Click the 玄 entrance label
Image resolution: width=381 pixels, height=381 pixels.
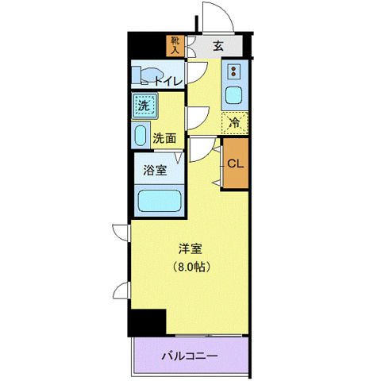click(x=217, y=45)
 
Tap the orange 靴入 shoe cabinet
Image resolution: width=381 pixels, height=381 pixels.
click(x=175, y=45)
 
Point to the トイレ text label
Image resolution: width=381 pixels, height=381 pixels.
click(x=167, y=80)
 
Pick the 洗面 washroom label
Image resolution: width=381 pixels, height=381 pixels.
click(x=164, y=137)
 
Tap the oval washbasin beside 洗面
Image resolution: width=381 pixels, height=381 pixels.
click(x=140, y=134)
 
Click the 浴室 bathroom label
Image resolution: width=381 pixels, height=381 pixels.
click(x=154, y=170)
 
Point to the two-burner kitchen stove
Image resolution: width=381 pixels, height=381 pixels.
click(x=235, y=72)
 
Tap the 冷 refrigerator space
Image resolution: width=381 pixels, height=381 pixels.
click(x=235, y=122)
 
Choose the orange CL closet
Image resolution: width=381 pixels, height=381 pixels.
click(x=235, y=164)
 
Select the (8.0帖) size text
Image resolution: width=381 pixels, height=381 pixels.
click(x=190, y=267)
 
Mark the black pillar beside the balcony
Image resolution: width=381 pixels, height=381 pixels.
click(x=148, y=321)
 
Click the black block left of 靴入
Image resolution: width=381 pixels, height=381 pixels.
click(x=148, y=45)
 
